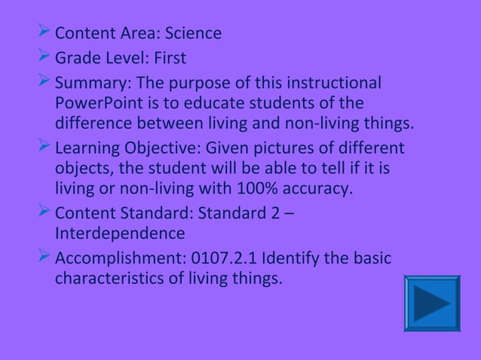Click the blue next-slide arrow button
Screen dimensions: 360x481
coord(432,304)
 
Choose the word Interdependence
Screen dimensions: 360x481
coord(119,233)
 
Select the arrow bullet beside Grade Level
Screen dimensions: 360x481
coord(44,57)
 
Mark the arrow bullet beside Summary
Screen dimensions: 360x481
coord(44,81)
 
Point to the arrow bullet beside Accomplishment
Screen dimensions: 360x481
coord(44,258)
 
